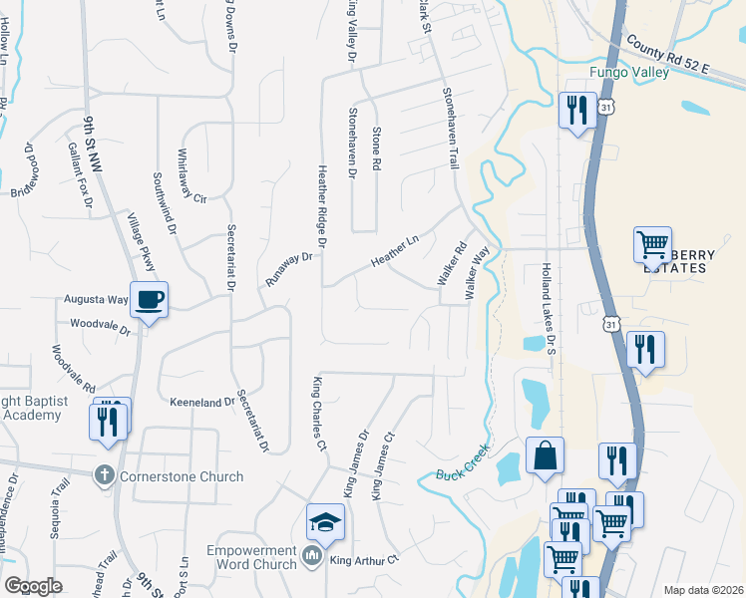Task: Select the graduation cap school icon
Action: pos(325,522)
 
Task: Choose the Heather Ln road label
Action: pos(395,247)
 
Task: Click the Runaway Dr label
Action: pos(289,269)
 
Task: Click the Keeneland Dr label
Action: pos(201,402)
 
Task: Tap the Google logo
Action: pos(34,586)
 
